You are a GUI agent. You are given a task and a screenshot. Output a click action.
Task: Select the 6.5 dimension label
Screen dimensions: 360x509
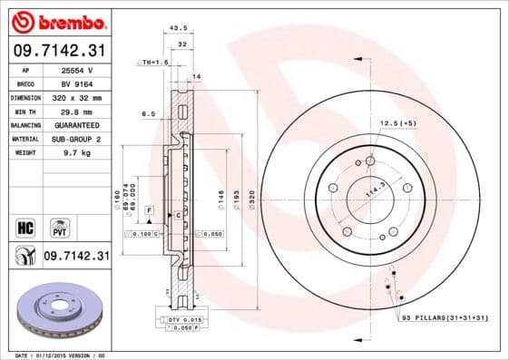point(149,114)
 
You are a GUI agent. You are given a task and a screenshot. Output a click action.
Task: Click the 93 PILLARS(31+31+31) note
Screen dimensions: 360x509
point(444,317)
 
